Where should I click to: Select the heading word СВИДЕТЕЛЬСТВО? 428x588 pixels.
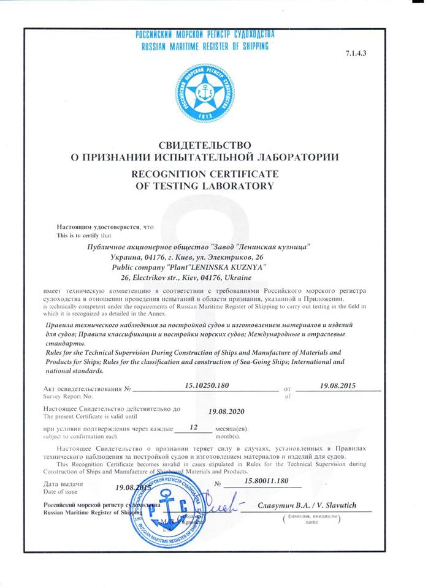(205, 145)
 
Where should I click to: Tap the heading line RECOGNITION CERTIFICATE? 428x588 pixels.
(205, 173)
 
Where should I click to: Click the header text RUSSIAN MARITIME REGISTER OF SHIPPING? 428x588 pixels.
(205, 45)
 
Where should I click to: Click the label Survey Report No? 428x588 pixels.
(69, 396)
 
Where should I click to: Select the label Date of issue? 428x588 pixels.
(61, 492)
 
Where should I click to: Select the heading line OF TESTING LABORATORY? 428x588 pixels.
(205, 186)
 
